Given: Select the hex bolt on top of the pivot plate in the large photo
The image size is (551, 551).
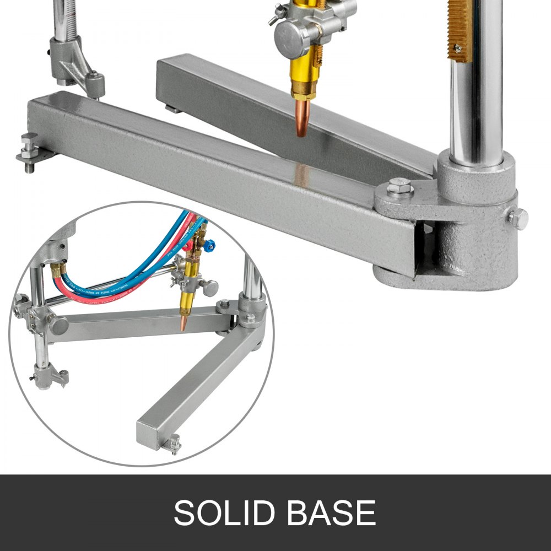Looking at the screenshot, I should click(x=399, y=188).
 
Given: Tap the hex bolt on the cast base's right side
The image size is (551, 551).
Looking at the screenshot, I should click(x=517, y=218).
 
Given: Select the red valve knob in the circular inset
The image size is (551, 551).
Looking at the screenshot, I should click(x=190, y=244).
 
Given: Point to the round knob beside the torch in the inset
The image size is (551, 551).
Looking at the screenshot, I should click(x=210, y=287).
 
